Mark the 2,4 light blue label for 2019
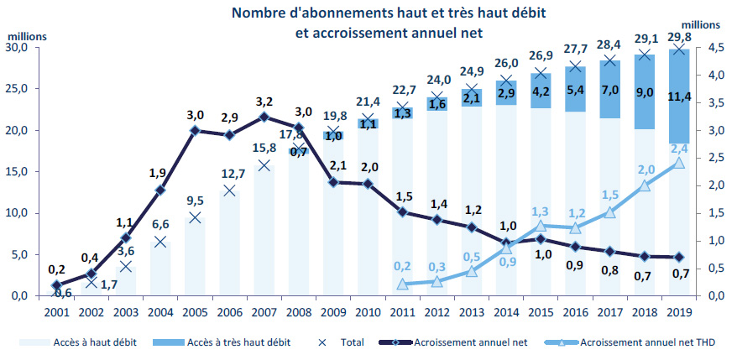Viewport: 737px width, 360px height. coord(679,148)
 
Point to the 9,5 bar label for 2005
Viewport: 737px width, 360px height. coord(196,201)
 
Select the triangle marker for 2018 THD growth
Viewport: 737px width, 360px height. coord(644,185)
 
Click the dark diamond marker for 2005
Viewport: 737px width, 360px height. coord(196,131)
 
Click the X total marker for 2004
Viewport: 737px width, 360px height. coord(160,242)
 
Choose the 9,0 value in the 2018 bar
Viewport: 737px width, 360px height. coord(644,91)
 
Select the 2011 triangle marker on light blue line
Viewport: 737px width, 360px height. coord(402,285)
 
